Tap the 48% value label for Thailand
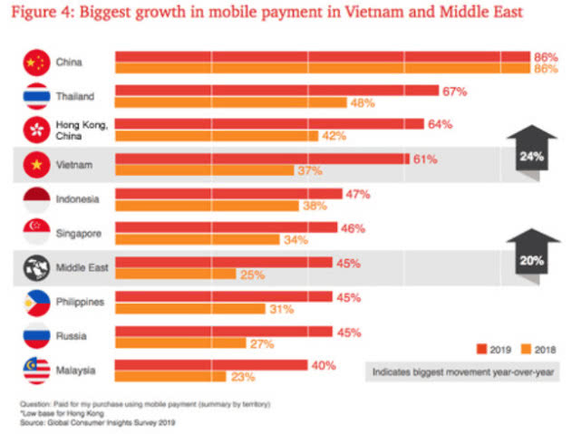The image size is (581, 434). tap(363, 103)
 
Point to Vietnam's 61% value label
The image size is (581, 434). tap(425, 159)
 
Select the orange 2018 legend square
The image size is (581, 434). tap(524, 348)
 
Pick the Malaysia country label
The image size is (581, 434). tap(75, 370)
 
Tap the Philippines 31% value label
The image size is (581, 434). tap(279, 309)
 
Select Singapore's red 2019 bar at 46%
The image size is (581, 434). tap(226, 227)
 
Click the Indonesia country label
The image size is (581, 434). tap(77, 198)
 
